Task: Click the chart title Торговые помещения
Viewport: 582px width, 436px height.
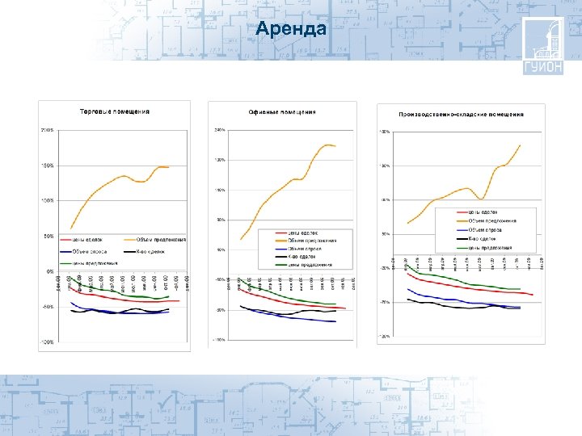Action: [x=114, y=111]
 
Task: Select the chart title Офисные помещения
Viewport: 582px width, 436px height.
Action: [x=282, y=112]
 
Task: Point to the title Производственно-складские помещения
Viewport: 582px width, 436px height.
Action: [x=461, y=114]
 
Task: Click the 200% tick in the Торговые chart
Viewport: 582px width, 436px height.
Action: [x=48, y=129]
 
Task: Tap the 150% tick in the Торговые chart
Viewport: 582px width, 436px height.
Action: [x=48, y=166]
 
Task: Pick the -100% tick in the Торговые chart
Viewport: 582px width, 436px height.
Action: [x=48, y=342]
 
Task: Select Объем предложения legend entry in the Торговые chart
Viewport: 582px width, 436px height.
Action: [x=161, y=239]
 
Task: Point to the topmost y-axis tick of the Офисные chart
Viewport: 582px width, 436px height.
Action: [x=218, y=130]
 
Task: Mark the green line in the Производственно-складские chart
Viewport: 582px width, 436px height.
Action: [x=469, y=283]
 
